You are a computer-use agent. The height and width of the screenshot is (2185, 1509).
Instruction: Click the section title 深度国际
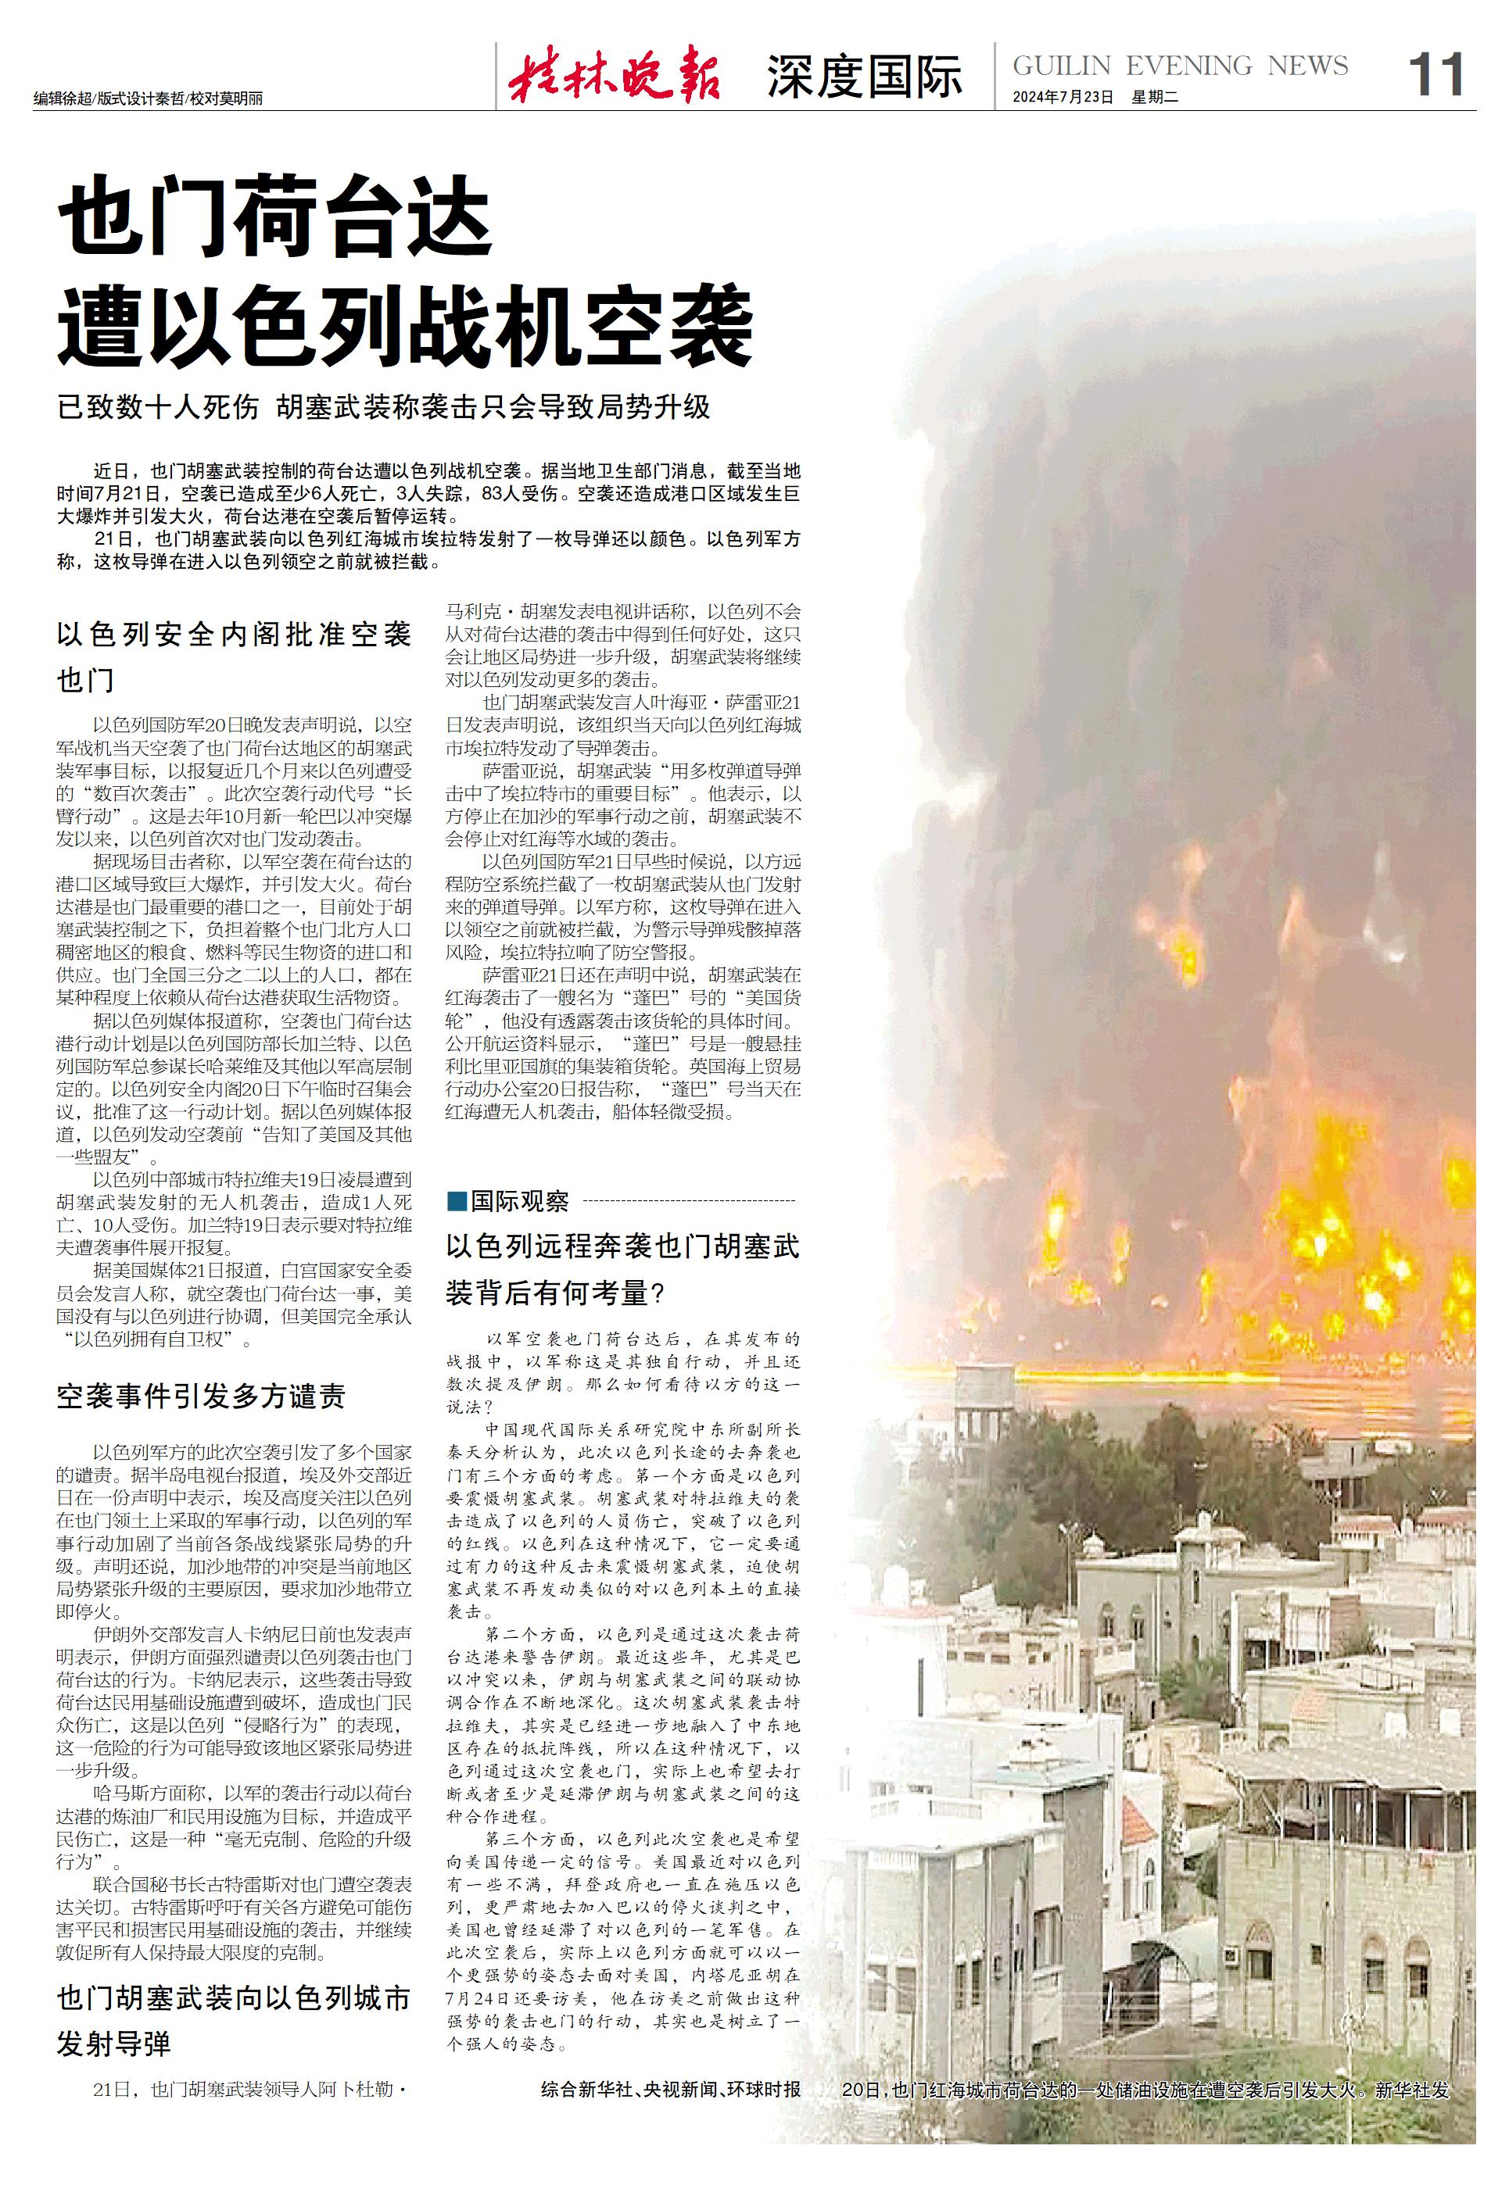point(864,77)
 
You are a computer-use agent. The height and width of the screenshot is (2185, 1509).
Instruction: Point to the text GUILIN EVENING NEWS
point(1180,65)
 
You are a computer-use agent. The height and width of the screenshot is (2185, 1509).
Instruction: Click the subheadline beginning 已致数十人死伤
point(383,407)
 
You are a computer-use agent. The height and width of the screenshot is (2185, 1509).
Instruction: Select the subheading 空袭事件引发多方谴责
point(200,1396)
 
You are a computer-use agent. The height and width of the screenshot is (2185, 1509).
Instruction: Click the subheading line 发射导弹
point(113,2044)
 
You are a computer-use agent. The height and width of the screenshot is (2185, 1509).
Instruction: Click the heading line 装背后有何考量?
point(556,1292)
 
